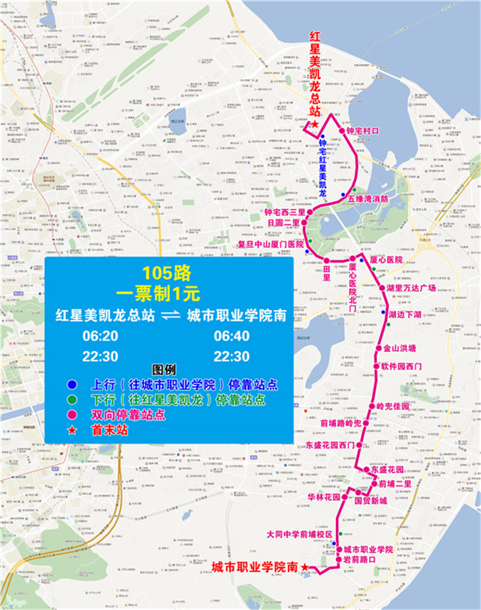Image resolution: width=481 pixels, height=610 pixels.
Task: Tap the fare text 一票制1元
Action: click(x=165, y=290)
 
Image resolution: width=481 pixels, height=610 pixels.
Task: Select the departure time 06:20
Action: click(x=99, y=335)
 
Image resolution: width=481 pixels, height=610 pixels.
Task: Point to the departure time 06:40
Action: click(x=231, y=335)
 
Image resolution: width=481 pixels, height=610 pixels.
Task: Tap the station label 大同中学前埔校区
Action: click(x=298, y=534)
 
